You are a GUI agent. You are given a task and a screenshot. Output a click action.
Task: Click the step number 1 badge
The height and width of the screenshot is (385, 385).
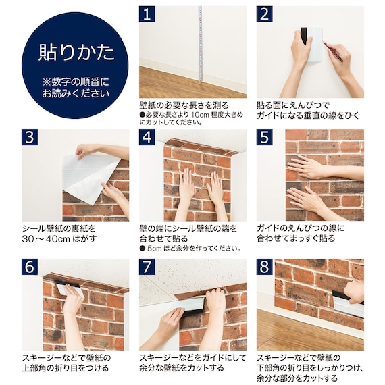tap(147, 14)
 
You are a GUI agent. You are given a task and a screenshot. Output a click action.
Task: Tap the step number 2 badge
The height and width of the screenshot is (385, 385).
tap(265, 14)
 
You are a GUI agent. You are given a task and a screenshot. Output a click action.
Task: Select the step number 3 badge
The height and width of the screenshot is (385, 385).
tap(30, 137)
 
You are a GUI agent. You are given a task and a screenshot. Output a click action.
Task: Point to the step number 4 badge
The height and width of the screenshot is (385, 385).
tap(147, 137)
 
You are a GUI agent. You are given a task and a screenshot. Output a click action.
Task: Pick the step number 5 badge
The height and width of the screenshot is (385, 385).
tap(265, 137)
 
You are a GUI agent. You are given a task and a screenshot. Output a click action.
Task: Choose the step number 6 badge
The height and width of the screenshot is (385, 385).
tap(30, 267)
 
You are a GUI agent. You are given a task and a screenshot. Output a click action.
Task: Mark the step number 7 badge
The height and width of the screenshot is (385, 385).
tap(147, 267)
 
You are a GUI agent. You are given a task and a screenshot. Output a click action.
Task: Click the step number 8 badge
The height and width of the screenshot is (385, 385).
tap(265, 267)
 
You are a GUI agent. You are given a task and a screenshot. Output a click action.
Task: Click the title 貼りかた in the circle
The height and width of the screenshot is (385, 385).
tap(76, 53)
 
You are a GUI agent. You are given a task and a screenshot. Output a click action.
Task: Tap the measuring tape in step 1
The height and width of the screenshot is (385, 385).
tap(201, 44)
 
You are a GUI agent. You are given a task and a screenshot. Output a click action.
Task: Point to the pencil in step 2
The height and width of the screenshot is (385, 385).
tap(334, 51)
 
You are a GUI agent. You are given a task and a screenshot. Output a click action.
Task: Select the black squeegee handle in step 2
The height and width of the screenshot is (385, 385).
tap(304, 36)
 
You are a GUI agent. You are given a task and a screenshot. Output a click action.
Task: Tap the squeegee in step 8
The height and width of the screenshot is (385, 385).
tap(346, 301)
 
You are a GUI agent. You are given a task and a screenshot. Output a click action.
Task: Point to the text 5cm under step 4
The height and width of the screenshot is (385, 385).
tap(154, 249)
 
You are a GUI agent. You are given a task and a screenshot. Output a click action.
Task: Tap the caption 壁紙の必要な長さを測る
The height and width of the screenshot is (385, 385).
tap(184, 105)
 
